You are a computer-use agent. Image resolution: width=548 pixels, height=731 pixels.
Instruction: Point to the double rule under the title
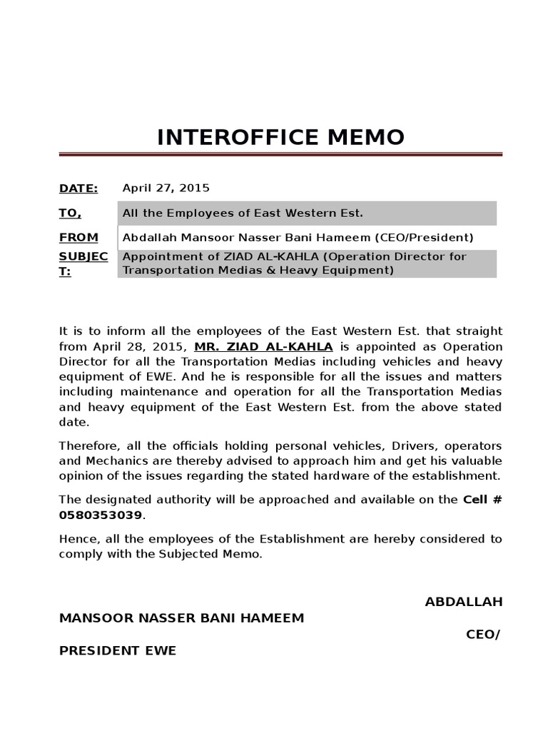(280, 154)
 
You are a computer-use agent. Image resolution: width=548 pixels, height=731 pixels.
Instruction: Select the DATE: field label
(78, 188)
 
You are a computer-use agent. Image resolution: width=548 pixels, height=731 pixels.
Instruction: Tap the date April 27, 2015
(166, 188)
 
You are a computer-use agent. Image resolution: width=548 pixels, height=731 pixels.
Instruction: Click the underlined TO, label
(70, 213)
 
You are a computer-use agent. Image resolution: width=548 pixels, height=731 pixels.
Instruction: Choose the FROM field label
(78, 237)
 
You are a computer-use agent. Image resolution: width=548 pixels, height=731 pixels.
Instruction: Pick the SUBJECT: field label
(83, 264)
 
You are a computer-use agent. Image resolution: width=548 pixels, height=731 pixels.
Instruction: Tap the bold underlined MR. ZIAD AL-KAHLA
(263, 346)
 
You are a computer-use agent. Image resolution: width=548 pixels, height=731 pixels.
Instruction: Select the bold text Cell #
(482, 500)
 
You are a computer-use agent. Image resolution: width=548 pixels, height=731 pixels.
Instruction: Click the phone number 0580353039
(101, 515)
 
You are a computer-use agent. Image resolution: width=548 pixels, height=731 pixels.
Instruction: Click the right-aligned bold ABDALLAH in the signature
(463, 601)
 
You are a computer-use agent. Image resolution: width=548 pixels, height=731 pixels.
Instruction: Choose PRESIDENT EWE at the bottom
(118, 651)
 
